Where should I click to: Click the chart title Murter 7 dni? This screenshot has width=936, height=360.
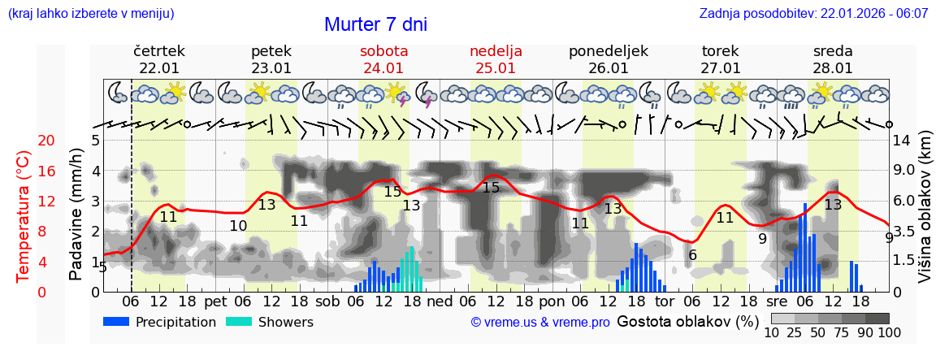click(x=375, y=24)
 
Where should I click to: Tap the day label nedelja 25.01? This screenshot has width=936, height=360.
click(x=496, y=59)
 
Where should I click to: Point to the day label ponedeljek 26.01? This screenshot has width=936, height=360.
click(x=608, y=59)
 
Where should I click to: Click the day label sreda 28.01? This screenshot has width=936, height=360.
click(x=833, y=59)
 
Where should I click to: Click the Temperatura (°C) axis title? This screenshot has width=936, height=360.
click(x=24, y=215)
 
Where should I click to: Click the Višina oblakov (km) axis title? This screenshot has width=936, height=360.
click(x=924, y=215)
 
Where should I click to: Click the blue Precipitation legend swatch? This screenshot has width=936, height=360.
click(x=117, y=322)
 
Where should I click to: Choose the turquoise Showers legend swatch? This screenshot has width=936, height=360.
click(x=239, y=322)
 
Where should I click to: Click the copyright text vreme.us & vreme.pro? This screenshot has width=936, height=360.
click(x=540, y=322)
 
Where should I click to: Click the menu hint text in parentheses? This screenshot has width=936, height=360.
click(x=91, y=14)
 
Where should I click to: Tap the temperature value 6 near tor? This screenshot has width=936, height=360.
click(x=691, y=255)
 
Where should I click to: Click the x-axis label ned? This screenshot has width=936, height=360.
click(x=440, y=301)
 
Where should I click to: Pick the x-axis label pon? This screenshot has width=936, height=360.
click(x=551, y=301)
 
